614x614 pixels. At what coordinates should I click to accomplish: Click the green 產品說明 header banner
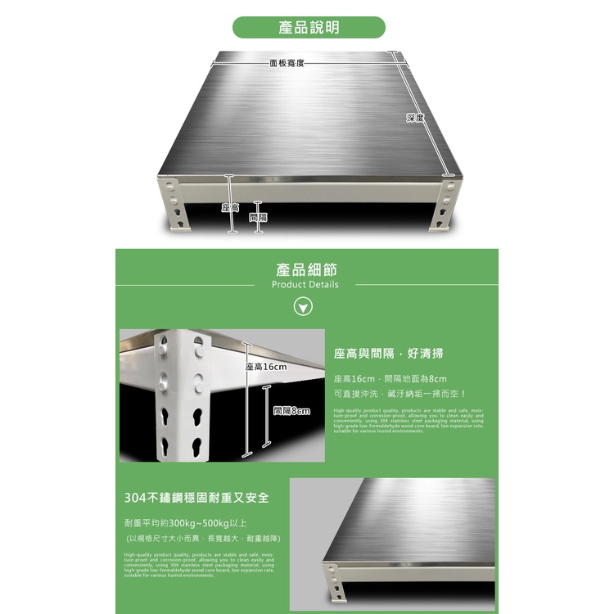(x=309, y=28)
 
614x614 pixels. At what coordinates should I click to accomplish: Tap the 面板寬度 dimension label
(x=287, y=63)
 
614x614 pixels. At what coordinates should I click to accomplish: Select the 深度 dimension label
(x=415, y=118)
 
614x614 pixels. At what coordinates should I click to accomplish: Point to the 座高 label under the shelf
(x=229, y=209)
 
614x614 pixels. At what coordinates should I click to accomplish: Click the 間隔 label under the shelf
(x=257, y=218)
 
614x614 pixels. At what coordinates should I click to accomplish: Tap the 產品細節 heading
(x=306, y=269)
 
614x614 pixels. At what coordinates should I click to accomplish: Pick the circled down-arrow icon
(x=304, y=308)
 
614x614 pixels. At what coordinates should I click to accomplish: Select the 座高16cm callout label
(x=267, y=367)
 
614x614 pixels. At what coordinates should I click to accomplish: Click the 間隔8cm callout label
(x=291, y=411)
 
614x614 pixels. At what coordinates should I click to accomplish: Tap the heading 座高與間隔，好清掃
(x=388, y=354)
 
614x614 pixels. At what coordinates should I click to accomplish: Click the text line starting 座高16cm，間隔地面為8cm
(x=391, y=379)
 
